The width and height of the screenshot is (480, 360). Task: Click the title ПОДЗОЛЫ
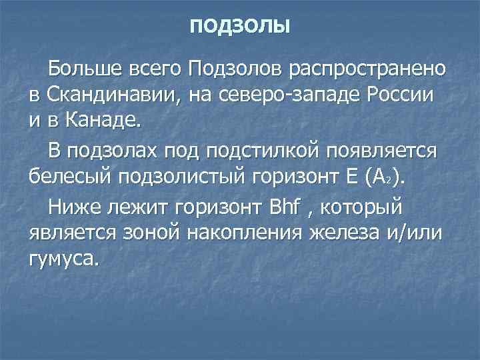point(240,27)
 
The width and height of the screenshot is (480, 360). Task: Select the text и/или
point(413,233)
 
